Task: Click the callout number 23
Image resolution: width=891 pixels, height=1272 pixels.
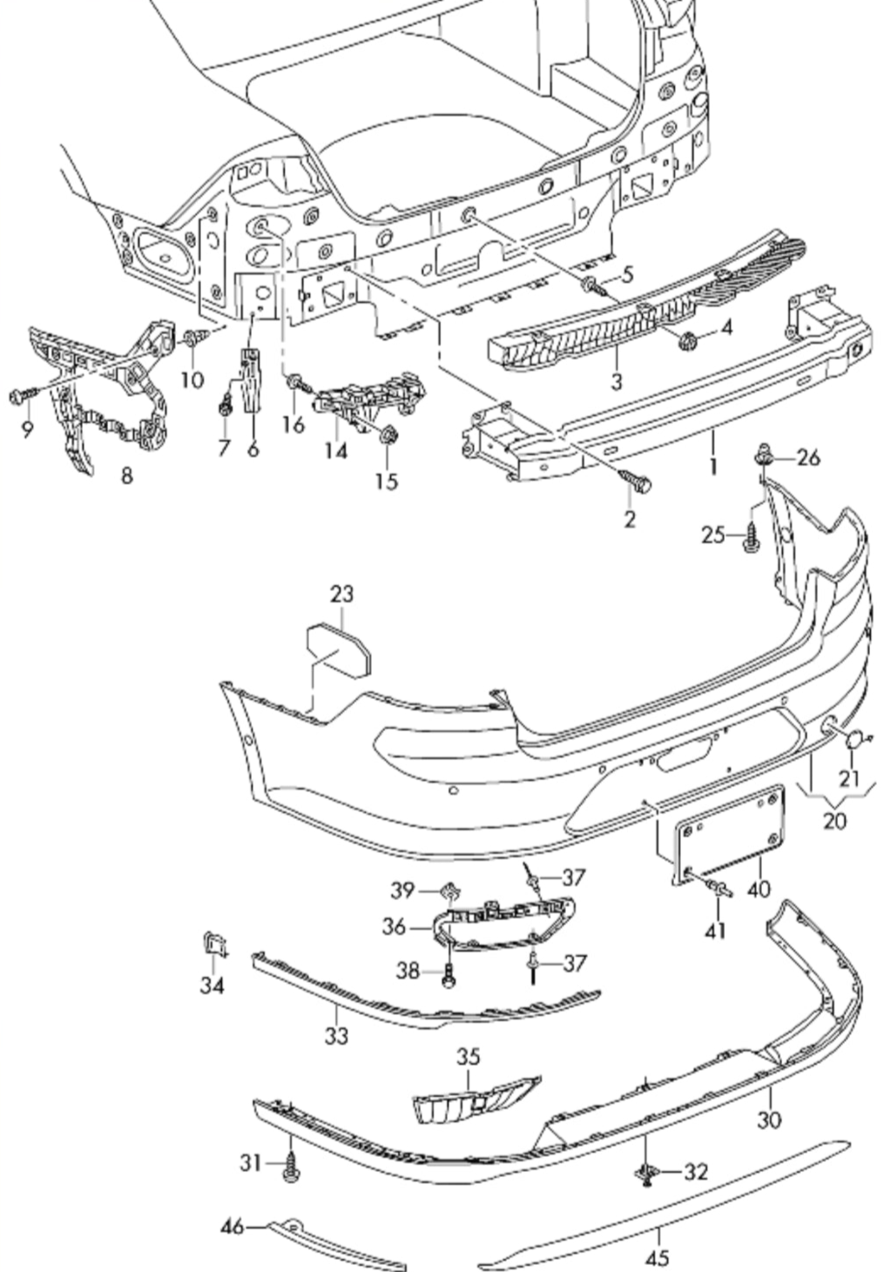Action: click(342, 594)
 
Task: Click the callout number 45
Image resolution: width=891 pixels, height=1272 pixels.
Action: click(658, 1257)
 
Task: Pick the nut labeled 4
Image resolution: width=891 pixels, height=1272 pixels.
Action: click(686, 339)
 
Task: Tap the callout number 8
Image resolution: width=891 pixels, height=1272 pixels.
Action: click(127, 476)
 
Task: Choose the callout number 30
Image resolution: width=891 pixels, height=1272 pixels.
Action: click(769, 1119)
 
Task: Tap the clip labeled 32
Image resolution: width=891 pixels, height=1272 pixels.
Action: click(646, 1174)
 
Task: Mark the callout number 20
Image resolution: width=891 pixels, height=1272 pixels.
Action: click(834, 820)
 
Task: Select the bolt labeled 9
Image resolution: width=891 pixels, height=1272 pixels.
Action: click(19, 396)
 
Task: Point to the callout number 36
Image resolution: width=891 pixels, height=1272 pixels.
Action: click(394, 927)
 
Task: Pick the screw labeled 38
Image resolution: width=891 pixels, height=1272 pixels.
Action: click(449, 977)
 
